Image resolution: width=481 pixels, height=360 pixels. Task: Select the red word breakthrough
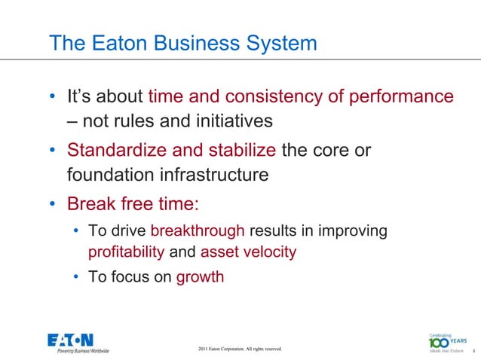198,230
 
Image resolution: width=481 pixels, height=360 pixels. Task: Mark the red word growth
200,276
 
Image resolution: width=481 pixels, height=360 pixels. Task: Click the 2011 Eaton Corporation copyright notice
239,349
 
